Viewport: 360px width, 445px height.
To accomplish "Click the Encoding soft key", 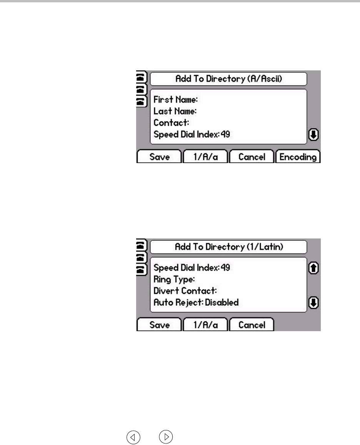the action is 298,157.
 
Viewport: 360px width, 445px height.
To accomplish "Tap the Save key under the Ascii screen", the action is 159,157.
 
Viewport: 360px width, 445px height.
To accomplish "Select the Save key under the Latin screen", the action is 159,325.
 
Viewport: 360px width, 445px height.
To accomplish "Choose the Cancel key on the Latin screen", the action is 252,325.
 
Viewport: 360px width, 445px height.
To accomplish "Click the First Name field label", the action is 175,100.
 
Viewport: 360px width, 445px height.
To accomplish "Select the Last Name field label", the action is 175,111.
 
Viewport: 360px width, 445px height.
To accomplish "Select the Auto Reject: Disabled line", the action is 196,302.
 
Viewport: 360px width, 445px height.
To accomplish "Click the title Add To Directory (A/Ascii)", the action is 229,79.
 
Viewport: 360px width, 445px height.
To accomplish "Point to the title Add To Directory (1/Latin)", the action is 229,247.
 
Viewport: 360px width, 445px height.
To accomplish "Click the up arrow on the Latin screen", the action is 314,268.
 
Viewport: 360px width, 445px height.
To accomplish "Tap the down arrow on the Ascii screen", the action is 314,135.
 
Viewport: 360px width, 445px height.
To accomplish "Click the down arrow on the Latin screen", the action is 314,303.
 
